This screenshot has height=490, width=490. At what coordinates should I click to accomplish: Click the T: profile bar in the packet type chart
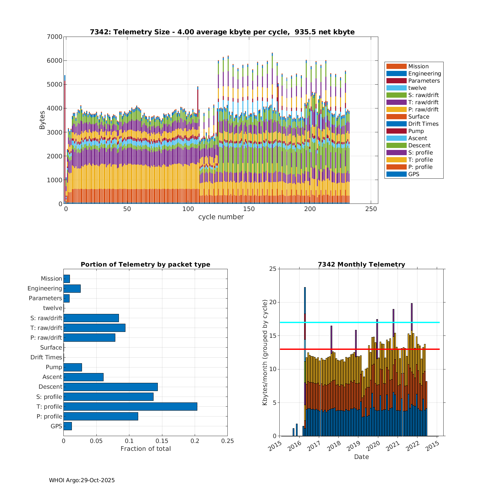(130, 406)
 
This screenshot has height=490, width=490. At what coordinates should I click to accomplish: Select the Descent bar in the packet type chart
(110, 387)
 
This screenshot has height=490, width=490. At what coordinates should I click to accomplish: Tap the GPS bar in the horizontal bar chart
(68, 426)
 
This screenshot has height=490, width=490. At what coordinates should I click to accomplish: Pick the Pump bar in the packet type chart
(73, 367)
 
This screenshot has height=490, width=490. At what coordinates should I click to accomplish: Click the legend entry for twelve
(417, 88)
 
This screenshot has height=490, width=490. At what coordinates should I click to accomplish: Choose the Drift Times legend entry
(423, 124)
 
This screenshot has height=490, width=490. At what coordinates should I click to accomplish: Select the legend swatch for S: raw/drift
(396, 95)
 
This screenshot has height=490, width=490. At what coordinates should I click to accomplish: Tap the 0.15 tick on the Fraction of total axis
(162, 441)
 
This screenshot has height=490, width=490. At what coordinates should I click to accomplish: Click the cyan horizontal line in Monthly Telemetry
(359, 322)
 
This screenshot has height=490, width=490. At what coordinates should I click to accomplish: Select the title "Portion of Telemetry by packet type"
(145, 264)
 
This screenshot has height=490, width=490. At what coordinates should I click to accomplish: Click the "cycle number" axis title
(221, 217)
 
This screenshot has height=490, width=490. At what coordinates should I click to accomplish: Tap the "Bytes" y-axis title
(42, 120)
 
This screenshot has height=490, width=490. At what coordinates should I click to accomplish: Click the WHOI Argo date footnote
(82, 480)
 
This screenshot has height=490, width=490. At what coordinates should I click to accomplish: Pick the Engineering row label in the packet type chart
(45, 288)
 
